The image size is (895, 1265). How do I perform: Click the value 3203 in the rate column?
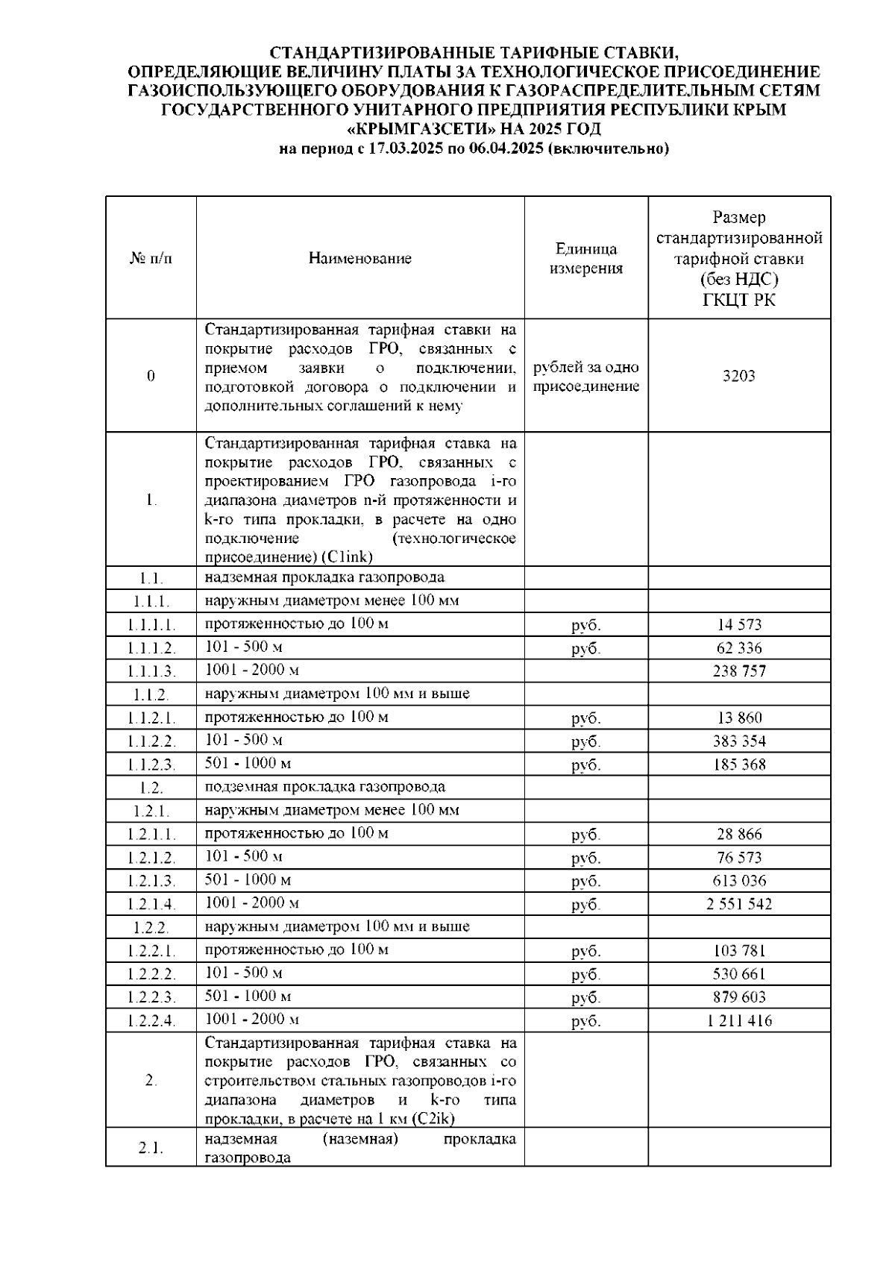tap(738, 376)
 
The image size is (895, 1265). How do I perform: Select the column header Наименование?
tap(360, 259)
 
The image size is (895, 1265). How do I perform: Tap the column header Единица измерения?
tap(585, 259)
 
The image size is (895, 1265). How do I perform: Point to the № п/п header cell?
tap(151, 259)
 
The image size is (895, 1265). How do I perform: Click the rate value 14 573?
tap(738, 625)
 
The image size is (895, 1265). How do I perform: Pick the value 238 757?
tap(738, 671)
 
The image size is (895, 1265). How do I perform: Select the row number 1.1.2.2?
tap(151, 741)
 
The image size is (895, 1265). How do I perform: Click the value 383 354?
tap(738, 741)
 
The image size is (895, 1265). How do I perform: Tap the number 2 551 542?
tap(738, 905)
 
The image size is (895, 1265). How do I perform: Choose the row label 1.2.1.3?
tap(151, 881)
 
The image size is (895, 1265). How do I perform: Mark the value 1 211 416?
tap(738, 1021)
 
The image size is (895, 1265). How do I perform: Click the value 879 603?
tap(738, 997)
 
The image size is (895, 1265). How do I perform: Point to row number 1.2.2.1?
tap(151, 951)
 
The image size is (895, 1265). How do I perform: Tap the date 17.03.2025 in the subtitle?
tap(406, 148)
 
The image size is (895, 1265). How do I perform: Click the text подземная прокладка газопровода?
tap(324, 787)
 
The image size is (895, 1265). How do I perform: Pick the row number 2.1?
tap(151, 1148)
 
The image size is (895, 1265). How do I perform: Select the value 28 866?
tap(738, 835)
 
